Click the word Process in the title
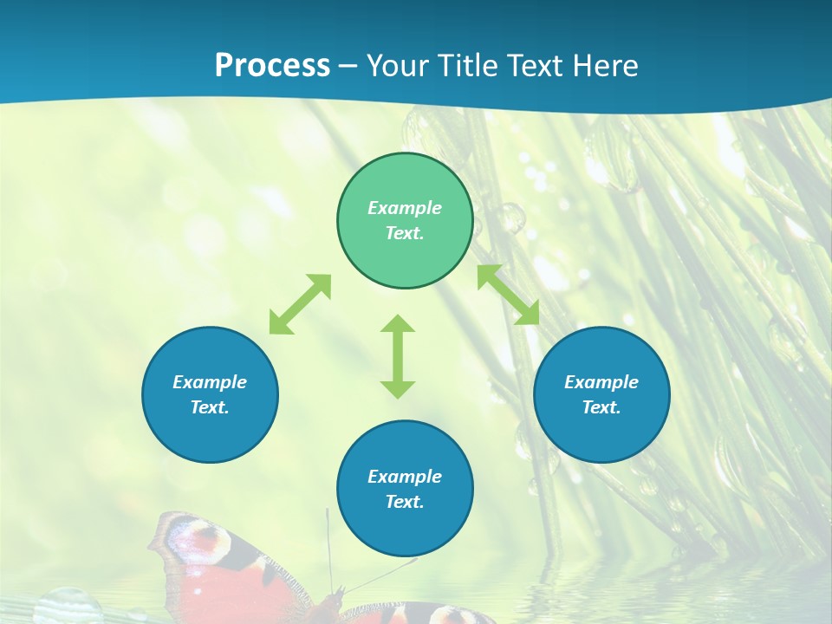[272, 66]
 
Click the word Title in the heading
[467, 66]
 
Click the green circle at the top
[405, 221]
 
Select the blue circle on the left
[210, 394]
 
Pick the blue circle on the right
[601, 394]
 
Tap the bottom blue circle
[405, 488]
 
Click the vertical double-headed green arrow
[398, 356]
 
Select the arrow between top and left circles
[300, 304]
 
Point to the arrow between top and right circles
[509, 295]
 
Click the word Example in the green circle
[405, 208]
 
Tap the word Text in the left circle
[210, 407]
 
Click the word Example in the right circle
[601, 382]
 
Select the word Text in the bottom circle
[403, 502]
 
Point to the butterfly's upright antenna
[329, 546]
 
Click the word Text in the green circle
[403, 234]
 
